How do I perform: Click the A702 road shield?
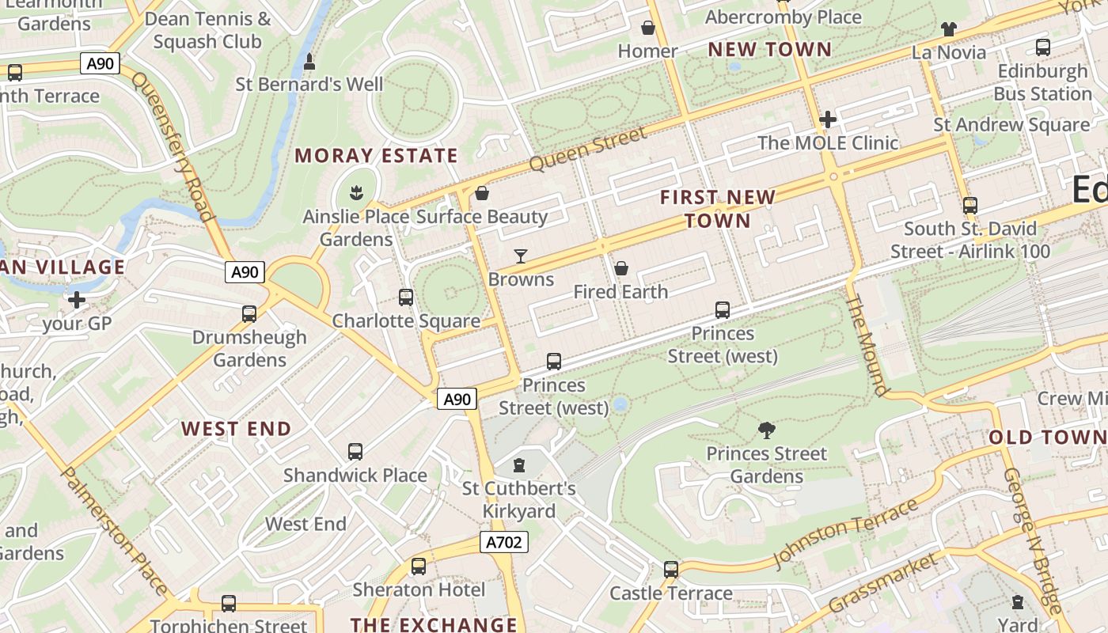coord(503,542)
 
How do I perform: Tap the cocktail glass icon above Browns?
coord(521,256)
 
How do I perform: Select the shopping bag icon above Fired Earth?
coord(621,268)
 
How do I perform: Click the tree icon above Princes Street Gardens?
coord(766,430)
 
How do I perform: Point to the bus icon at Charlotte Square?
coord(406,298)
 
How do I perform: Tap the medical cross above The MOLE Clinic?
coord(828,119)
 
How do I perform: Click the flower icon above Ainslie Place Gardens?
coord(356,192)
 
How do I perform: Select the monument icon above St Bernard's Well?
coord(309,61)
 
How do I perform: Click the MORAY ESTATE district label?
coord(376,156)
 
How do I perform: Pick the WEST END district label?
coord(236,429)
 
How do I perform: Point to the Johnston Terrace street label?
coord(845,533)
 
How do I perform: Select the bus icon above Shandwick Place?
coord(355,452)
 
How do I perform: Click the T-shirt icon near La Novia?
coord(949,29)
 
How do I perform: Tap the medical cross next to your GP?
coord(77,300)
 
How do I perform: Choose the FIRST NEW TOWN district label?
coord(718,208)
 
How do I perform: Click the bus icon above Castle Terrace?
coord(671,570)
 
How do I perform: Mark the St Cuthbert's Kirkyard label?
coord(519,500)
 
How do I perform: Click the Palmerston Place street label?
coord(114,530)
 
